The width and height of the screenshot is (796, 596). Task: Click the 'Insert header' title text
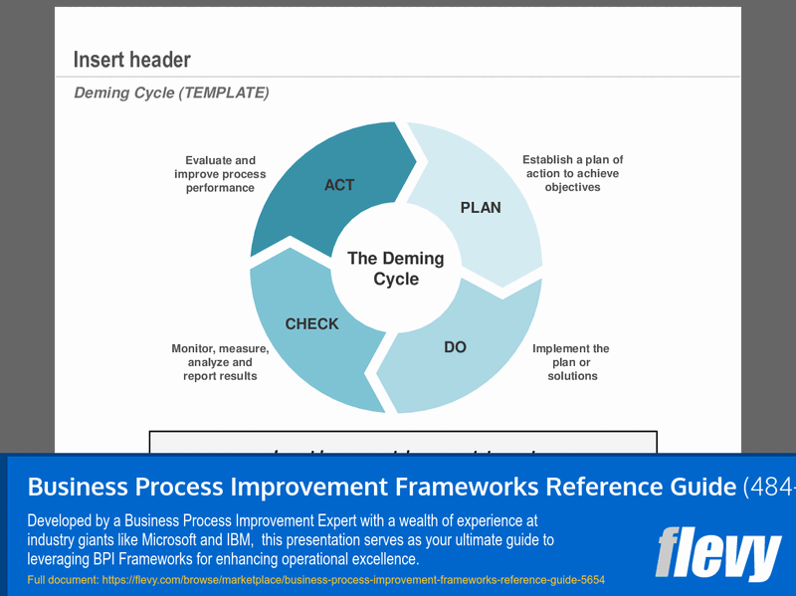pyautogui.click(x=131, y=60)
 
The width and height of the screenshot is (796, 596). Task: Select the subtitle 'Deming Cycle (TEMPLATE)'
pyautogui.click(x=171, y=94)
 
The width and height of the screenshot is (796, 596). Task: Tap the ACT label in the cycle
pyautogui.click(x=339, y=185)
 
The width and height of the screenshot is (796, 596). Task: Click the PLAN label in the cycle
pyautogui.click(x=481, y=208)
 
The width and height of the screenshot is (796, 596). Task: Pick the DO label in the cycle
pyautogui.click(x=455, y=347)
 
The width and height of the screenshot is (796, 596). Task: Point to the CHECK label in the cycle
pyautogui.click(x=311, y=324)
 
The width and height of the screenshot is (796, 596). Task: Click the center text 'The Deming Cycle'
pyautogui.click(x=396, y=269)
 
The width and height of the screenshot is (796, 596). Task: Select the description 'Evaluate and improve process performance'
pyautogui.click(x=220, y=174)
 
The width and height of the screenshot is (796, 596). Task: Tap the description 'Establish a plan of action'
pyautogui.click(x=573, y=173)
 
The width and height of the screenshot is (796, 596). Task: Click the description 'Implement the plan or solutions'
pyautogui.click(x=571, y=362)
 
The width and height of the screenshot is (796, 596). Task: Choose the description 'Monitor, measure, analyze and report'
pyautogui.click(x=220, y=362)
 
